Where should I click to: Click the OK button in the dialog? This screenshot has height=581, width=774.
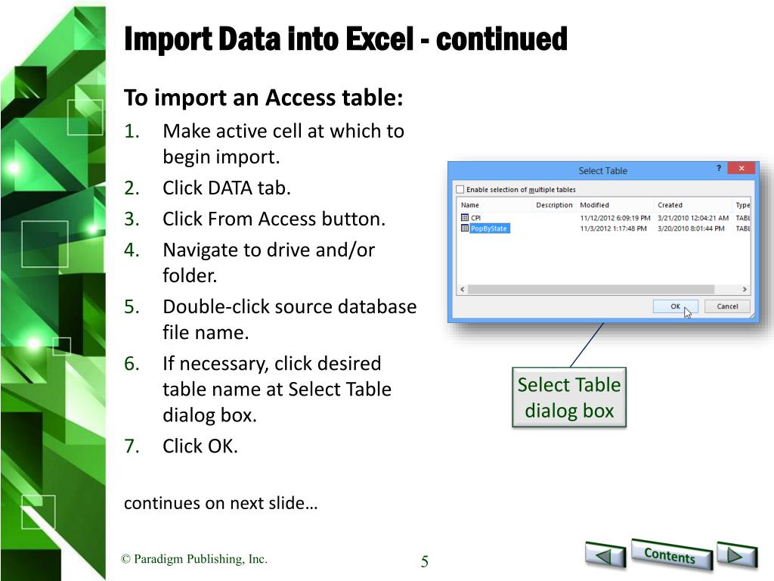675,306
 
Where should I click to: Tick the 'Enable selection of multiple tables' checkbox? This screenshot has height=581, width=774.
460,189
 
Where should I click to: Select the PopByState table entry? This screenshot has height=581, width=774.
489,228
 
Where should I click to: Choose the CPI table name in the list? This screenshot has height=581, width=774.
476,217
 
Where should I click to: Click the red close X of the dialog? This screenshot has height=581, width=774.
741,169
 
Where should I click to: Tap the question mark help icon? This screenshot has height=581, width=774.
719,169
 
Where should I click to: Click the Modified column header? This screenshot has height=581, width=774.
594,205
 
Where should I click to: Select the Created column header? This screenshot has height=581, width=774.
670,205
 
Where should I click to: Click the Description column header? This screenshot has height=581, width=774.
554,205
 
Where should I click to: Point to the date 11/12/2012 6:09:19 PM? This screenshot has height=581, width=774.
615,218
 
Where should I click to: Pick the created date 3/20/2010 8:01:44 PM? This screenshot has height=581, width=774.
691,228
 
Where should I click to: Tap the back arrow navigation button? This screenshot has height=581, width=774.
605,555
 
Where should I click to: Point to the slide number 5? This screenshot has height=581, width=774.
425,561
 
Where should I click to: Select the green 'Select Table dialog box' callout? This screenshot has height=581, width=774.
569,397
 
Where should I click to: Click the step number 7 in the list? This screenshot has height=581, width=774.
131,446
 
